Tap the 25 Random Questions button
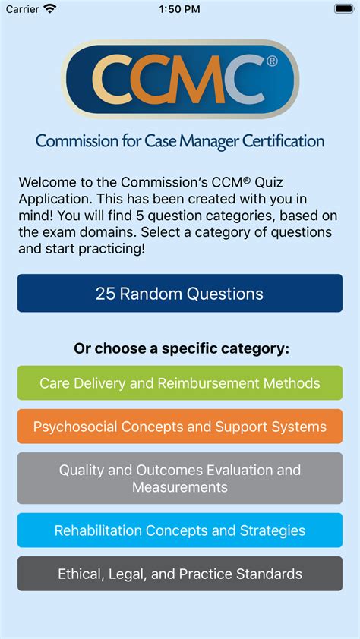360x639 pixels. point(179,294)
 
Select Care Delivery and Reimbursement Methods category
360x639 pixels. point(179,383)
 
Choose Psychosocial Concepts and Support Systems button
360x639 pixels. point(179,427)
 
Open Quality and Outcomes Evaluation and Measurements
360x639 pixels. point(179,478)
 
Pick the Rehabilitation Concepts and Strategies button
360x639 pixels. point(179,530)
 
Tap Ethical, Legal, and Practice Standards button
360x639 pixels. point(179,574)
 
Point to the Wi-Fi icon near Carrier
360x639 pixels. point(50,8)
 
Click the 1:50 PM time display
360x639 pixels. point(179,8)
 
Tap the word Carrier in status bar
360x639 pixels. point(21,8)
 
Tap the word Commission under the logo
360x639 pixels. point(72,141)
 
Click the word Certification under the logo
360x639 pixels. point(283,141)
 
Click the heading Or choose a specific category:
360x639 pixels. point(182,349)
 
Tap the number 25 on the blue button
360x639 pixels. point(106,294)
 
